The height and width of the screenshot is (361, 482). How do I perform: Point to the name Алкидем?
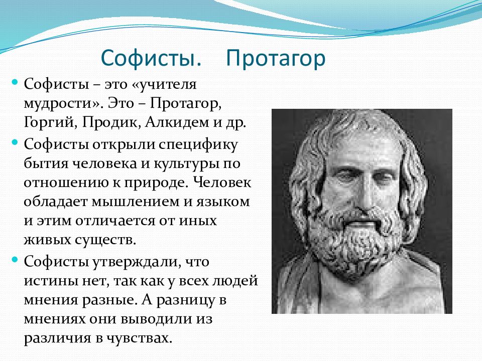(177, 122)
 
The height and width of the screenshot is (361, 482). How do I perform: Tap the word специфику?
(198, 145)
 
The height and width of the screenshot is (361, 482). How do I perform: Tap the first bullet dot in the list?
(15, 82)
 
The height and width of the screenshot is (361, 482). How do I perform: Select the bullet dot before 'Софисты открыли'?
(15, 142)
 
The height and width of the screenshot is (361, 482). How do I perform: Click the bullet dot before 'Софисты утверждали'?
(15, 260)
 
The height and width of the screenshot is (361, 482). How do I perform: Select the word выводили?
(157, 319)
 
